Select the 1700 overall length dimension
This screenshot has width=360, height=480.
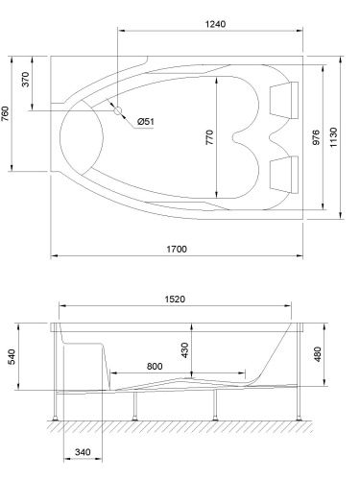[176, 250]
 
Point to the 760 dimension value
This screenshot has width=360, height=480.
[8, 113]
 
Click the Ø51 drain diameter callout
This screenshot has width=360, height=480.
[146, 120]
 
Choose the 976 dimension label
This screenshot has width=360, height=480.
[317, 137]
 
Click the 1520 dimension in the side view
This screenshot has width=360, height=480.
[175, 299]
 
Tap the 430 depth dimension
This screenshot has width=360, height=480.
[183, 354]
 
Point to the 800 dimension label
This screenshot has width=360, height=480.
[155, 366]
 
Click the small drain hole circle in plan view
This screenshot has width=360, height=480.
[119, 110]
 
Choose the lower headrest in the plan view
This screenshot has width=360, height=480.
[284, 173]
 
